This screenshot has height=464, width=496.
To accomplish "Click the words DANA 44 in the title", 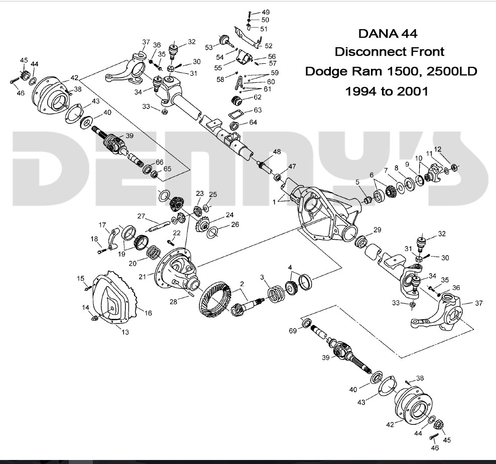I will point(387,34).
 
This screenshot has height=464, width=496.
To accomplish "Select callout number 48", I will point(277,152).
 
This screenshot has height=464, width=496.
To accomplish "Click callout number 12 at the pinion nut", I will point(438,149).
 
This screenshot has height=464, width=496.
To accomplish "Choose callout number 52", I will point(268,46).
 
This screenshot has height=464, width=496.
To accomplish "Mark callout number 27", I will point(141,216).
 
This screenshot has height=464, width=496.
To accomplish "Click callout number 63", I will point(257,109).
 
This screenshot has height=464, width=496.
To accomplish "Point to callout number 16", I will point(148,313).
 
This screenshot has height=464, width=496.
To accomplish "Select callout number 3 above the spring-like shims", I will point(262,277).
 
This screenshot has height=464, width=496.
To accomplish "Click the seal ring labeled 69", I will point(306,323).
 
